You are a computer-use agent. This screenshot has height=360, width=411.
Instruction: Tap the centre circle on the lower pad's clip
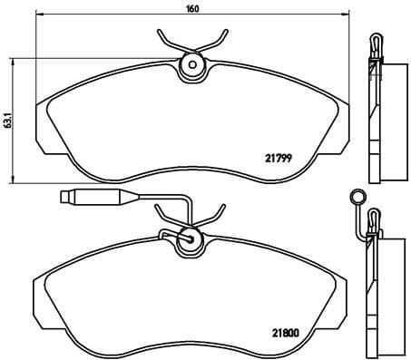[190, 238]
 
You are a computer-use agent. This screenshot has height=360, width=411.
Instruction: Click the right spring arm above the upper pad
[215, 39]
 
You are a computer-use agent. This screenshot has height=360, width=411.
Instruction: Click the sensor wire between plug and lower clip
[136, 197]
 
